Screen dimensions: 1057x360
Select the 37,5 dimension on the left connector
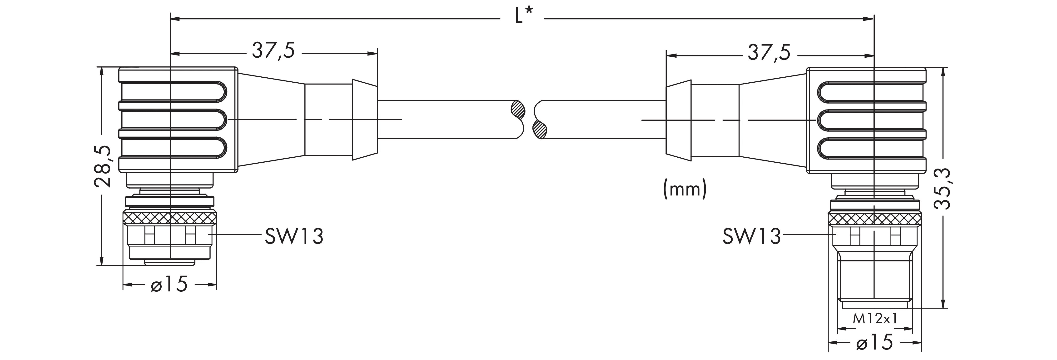point(273,51)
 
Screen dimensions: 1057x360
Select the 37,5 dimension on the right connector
point(769,53)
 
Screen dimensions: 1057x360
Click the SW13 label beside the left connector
point(294,237)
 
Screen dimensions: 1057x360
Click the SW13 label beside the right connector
point(751,237)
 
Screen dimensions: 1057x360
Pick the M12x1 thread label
point(874,318)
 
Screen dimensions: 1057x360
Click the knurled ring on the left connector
point(170,217)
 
